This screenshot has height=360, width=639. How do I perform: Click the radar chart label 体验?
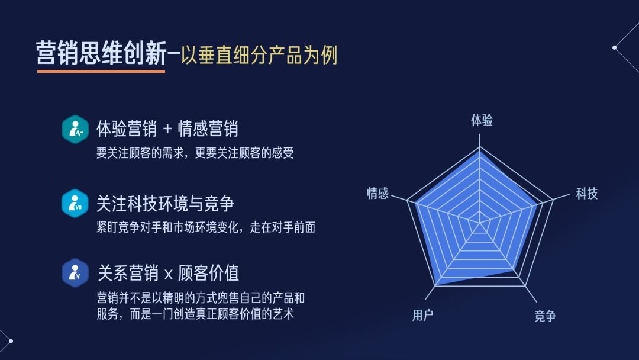pyautogui.click(x=482, y=121)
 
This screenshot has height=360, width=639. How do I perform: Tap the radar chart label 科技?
pyautogui.click(x=586, y=193)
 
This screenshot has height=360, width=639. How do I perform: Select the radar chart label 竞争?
pyautogui.click(x=545, y=316)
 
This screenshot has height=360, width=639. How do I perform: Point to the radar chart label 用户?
pyautogui.click(x=422, y=315)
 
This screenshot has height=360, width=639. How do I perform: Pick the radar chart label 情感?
pyautogui.click(x=377, y=193)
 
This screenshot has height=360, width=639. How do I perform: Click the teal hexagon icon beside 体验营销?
pyautogui.click(x=75, y=129)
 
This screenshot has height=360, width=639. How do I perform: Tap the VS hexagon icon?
pyautogui.click(x=75, y=204)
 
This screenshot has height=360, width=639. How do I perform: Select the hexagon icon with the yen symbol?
pyautogui.click(x=75, y=273)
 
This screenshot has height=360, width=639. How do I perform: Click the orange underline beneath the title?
pyautogui.click(x=101, y=72)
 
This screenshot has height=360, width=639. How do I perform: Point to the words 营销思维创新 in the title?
pyautogui.click(x=101, y=53)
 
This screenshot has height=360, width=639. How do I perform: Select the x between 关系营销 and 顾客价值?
pyautogui.click(x=168, y=274)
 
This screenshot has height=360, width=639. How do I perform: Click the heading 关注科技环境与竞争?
pyautogui.click(x=165, y=204)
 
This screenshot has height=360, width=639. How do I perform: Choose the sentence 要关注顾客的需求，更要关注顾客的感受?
pyautogui.click(x=195, y=153)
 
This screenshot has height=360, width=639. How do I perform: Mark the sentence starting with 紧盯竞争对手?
pyautogui.click(x=205, y=227)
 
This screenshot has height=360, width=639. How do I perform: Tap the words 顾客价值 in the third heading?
pyautogui.click(x=208, y=273)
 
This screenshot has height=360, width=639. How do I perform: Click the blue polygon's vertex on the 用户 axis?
pyautogui.click(x=436, y=285)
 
